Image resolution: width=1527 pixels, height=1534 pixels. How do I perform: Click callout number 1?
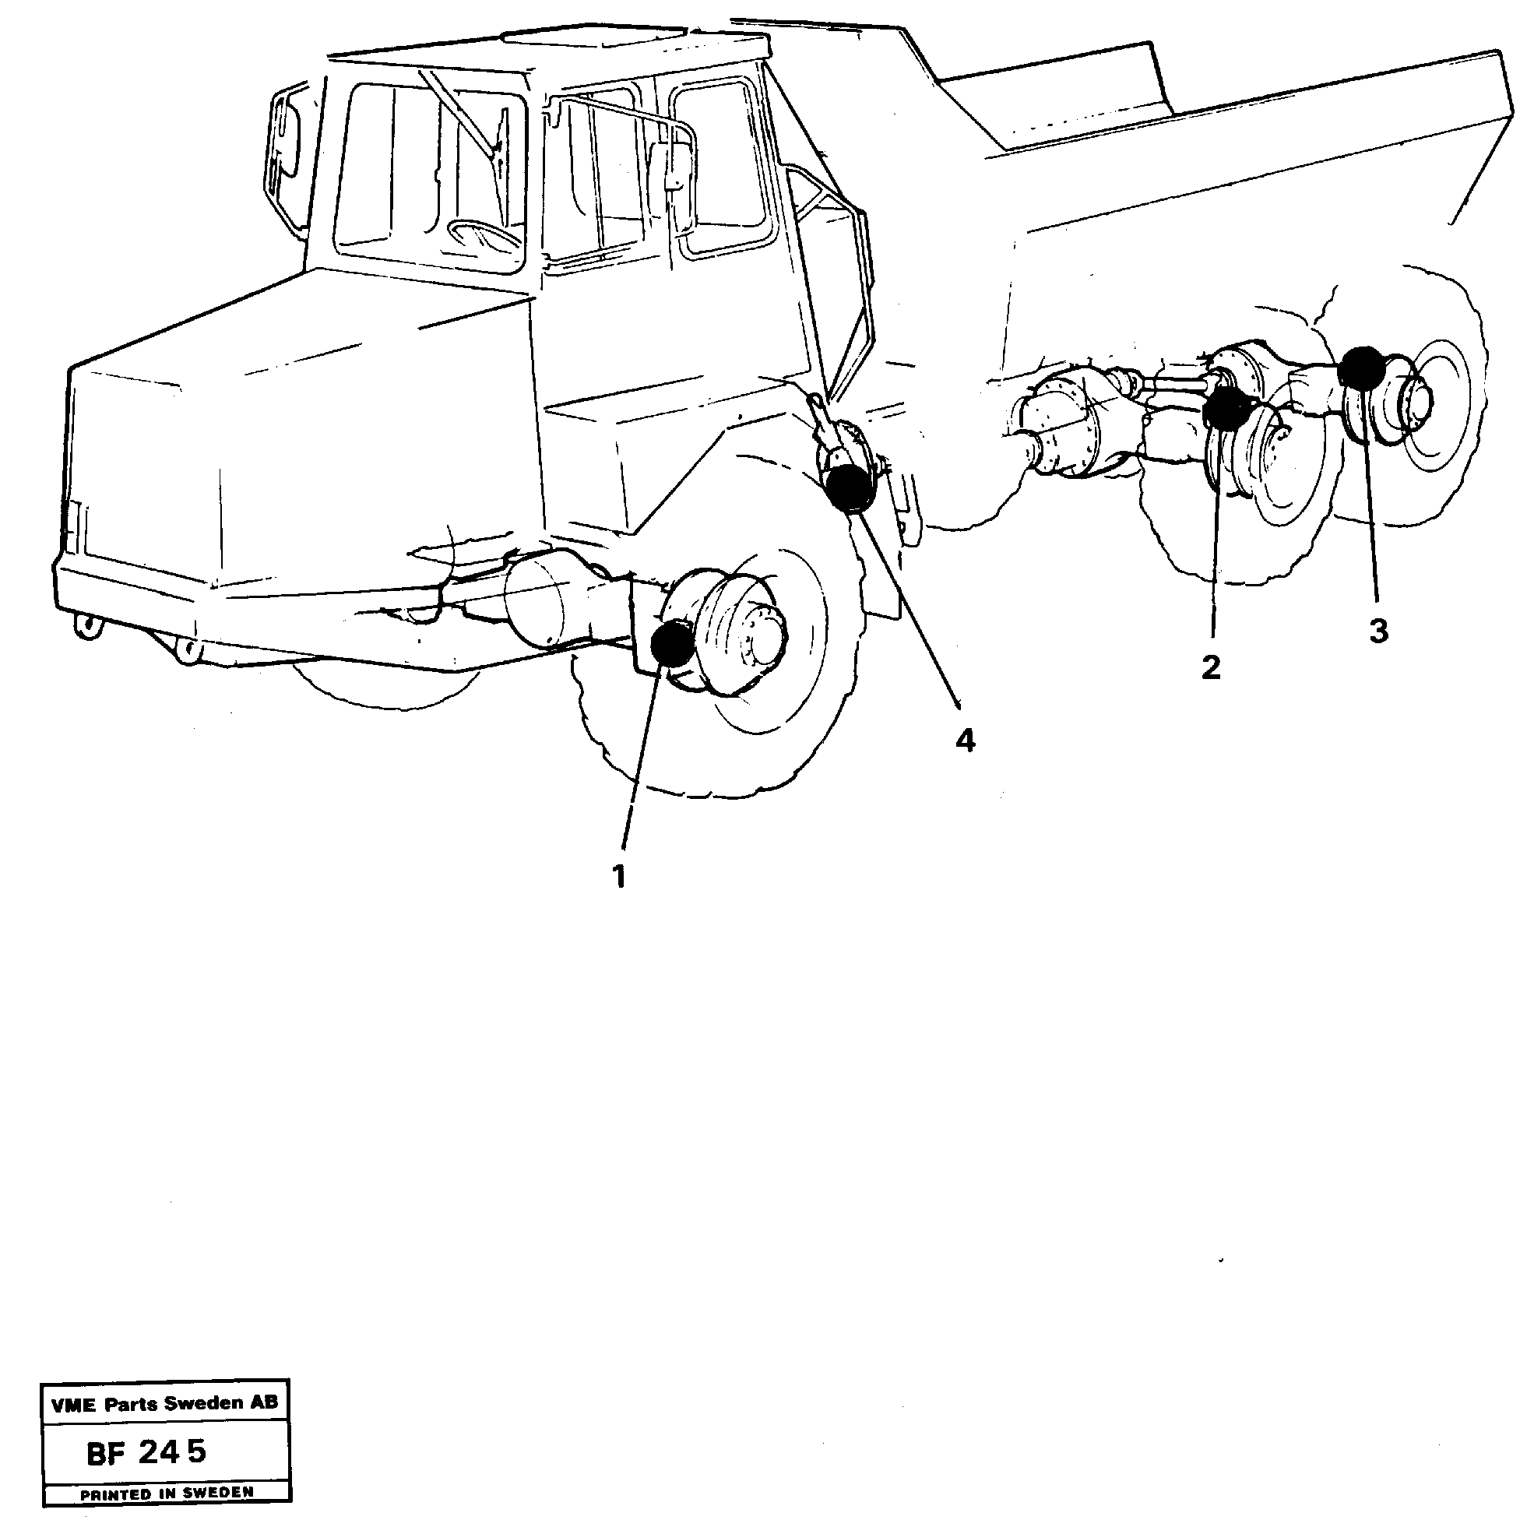pos(619,878)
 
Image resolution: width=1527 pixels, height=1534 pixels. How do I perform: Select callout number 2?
pos(1210,668)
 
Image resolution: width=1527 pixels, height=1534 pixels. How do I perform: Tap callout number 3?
pos(1378,632)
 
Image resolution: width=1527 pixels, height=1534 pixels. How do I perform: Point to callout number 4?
pos(965,741)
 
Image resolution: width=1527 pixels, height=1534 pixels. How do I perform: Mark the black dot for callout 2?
pos(1225,408)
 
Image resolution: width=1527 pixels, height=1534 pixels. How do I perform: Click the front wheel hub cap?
pos(762,635)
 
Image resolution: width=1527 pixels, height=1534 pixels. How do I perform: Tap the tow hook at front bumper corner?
pos(87,627)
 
